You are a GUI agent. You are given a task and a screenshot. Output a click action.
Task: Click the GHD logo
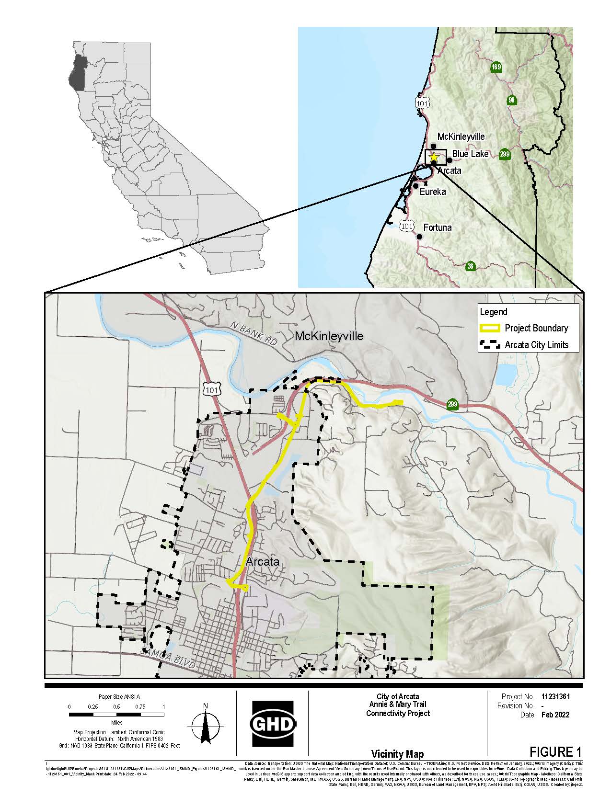[x=273, y=723]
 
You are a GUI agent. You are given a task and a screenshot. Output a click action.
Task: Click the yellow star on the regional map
[x=434, y=157]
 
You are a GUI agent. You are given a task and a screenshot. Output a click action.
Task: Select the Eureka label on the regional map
[x=432, y=192]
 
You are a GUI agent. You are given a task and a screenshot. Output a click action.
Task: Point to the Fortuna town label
[x=437, y=227]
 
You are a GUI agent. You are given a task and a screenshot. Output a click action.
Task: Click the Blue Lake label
[x=470, y=154]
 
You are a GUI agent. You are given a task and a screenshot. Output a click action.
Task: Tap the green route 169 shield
[x=496, y=67]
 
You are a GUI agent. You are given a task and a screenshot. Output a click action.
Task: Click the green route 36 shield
[x=471, y=266]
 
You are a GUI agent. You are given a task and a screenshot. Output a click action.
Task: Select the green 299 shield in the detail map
[x=452, y=404]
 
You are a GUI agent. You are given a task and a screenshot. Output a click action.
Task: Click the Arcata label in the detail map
[x=262, y=562]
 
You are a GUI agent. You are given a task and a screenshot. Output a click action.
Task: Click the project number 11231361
[x=555, y=697]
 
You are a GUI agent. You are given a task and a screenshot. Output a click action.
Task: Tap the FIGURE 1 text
[x=555, y=751]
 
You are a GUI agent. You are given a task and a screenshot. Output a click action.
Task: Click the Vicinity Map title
[x=397, y=754]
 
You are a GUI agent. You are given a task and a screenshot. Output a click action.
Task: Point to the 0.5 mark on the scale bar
[x=116, y=707]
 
